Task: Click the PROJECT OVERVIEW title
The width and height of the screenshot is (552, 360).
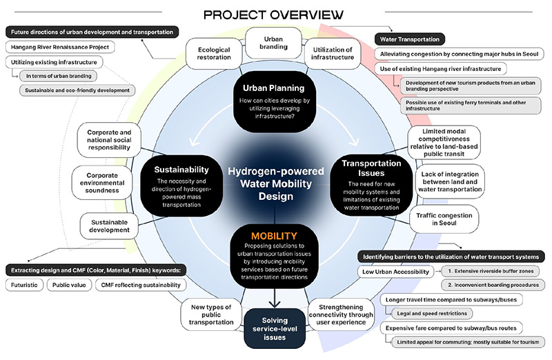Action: point(275,13)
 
